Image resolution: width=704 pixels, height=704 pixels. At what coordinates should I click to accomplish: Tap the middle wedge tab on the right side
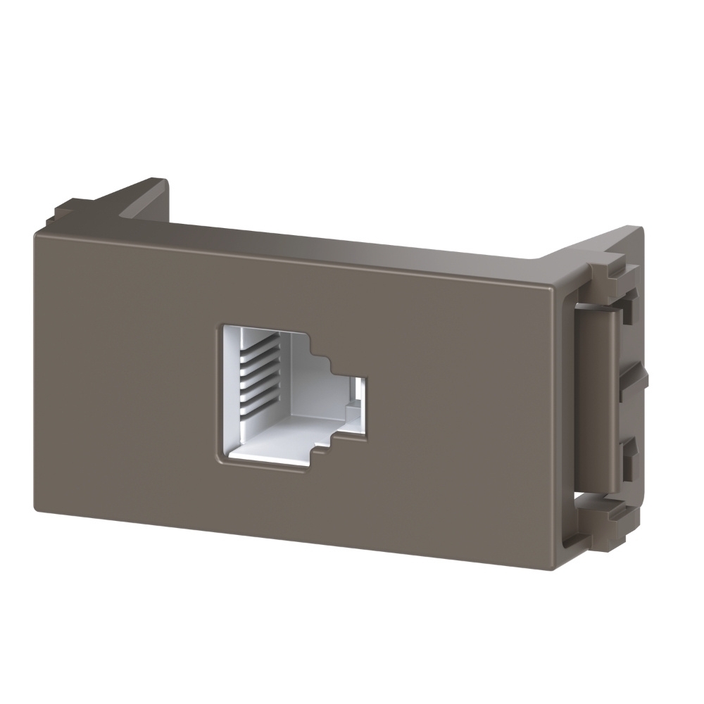click(x=634, y=384)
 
